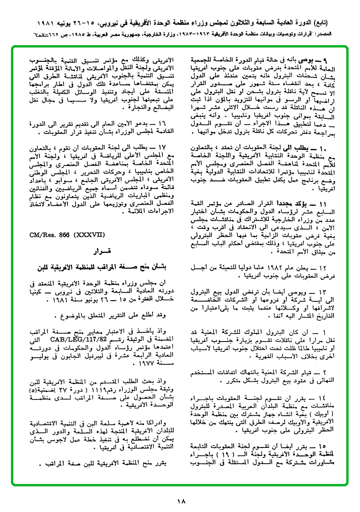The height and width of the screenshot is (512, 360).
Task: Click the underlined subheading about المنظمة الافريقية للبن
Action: (95, 265)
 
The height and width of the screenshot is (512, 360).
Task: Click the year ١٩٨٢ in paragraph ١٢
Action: (278, 267)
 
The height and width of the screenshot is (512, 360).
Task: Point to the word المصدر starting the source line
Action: (340, 35)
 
